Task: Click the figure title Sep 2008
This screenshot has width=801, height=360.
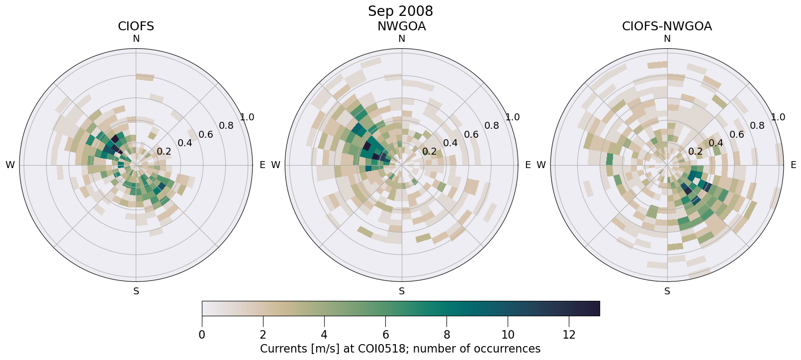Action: tap(400, 11)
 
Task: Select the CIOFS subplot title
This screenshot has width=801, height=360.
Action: tap(136, 26)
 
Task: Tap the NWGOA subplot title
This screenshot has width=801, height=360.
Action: tap(401, 26)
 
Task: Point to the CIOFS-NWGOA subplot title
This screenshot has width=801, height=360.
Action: tap(667, 26)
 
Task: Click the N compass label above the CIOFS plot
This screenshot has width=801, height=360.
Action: tap(136, 39)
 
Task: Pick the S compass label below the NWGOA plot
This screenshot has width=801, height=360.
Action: tap(402, 291)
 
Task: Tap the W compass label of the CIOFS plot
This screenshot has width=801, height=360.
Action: tap(10, 165)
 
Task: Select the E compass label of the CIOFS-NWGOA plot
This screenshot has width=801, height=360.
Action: tap(793, 165)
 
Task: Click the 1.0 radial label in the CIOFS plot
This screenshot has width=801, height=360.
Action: tap(247, 117)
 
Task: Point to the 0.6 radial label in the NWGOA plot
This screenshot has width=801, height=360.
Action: tap(471, 135)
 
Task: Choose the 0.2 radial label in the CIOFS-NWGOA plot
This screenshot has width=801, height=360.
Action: tap(695, 152)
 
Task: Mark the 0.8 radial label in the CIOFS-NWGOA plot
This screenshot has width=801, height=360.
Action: tap(757, 126)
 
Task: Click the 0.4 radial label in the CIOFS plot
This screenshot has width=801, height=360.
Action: tap(185, 143)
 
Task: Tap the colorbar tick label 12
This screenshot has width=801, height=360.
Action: tap(569, 335)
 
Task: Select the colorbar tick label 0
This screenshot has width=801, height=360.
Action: tap(202, 335)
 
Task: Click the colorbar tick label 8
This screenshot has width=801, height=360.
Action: tap(446, 335)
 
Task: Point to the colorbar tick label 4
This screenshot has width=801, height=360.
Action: tap(324, 335)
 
